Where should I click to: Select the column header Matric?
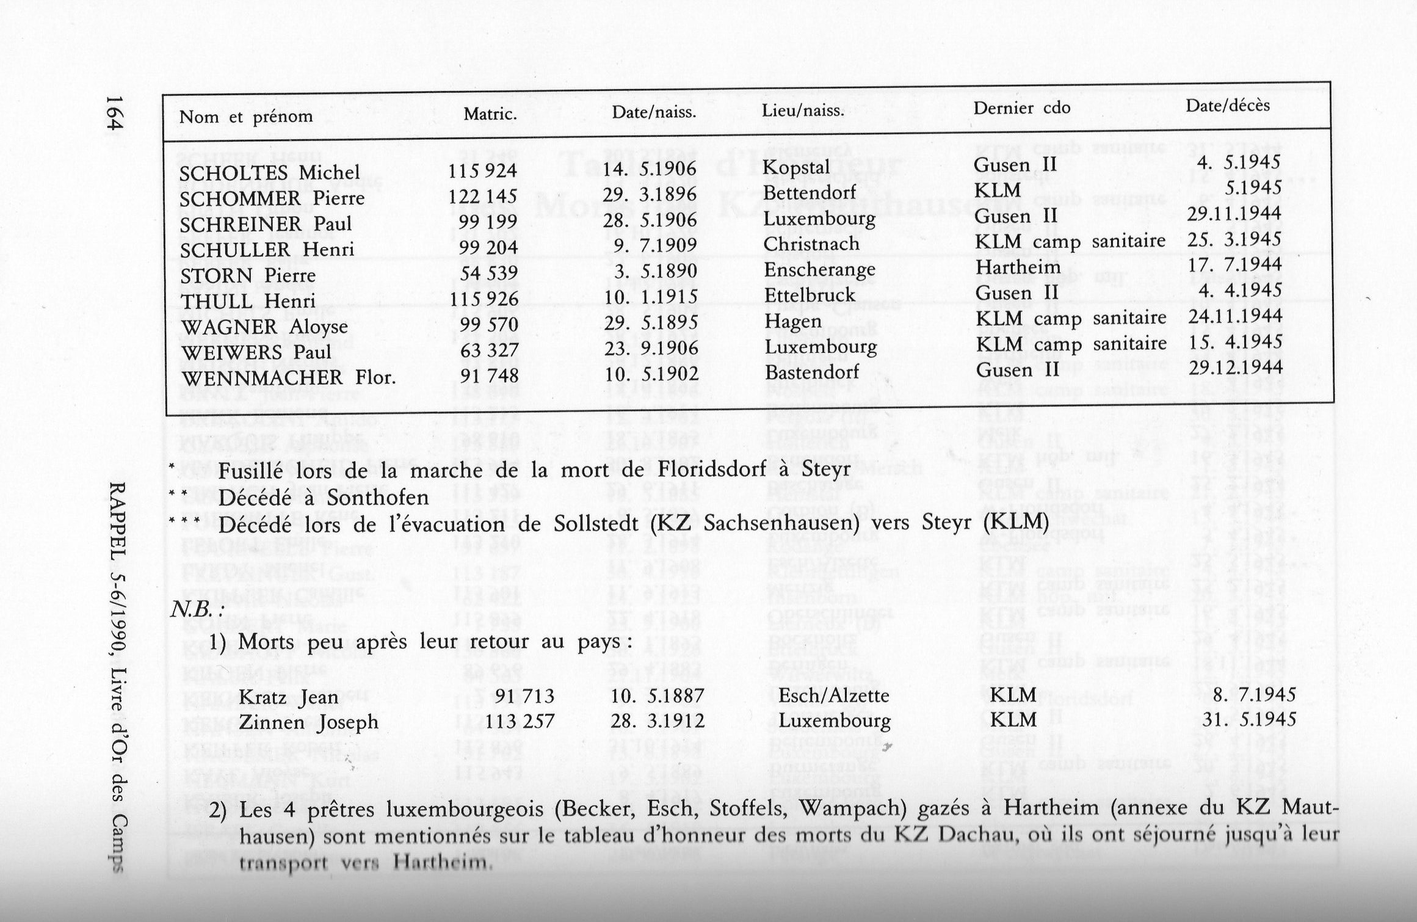click(x=490, y=114)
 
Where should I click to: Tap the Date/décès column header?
click(x=1228, y=106)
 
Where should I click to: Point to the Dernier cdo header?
click(x=1021, y=109)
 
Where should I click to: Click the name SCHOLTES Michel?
click(x=269, y=173)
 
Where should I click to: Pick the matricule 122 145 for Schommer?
click(x=482, y=196)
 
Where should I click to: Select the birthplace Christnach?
click(x=811, y=244)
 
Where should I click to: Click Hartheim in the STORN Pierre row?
click(x=1017, y=267)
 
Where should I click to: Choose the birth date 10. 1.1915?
click(x=650, y=297)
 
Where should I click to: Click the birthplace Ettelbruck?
click(x=810, y=296)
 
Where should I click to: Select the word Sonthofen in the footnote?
click(x=378, y=498)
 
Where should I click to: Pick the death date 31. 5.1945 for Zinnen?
click(x=1249, y=719)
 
